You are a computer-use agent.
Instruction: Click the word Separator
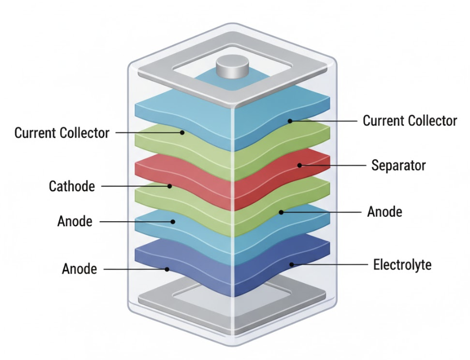(x=398, y=165)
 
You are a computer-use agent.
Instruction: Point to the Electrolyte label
(x=402, y=265)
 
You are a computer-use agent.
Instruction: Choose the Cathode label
(x=72, y=187)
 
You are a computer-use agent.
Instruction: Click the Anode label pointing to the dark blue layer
(x=80, y=269)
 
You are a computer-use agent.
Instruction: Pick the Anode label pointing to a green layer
(x=385, y=211)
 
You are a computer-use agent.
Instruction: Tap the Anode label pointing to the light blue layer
(x=74, y=222)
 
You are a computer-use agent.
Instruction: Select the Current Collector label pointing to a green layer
(x=62, y=133)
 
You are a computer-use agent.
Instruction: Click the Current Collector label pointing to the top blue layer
(x=410, y=120)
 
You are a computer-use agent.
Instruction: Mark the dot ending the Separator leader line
(x=299, y=165)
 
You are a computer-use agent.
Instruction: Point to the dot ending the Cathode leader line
(x=170, y=186)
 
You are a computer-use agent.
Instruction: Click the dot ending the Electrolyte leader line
(x=292, y=265)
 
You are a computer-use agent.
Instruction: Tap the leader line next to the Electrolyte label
(x=331, y=265)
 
